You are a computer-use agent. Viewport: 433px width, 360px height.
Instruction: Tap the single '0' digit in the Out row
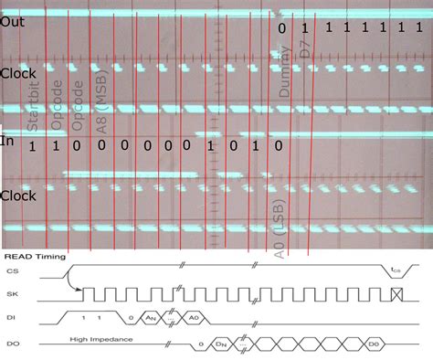pyautogui.click(x=281, y=29)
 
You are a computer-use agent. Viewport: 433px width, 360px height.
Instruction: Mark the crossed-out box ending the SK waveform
pyautogui.click(x=395, y=294)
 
